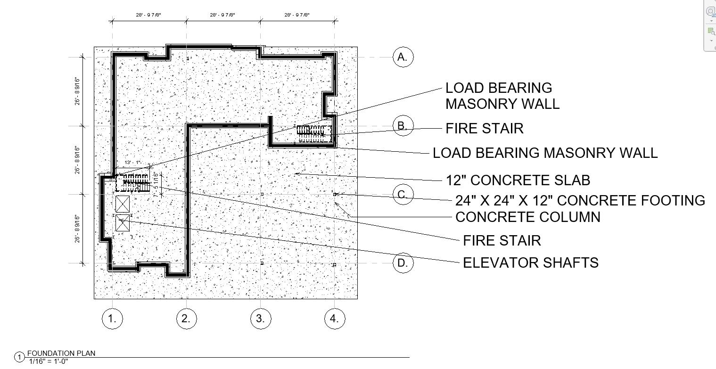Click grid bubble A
[403, 57]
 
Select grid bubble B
[403, 126]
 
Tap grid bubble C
[403, 195]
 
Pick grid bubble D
[403, 263]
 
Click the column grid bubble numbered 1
[112, 319]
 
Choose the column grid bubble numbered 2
[186, 319]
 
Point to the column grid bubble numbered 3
[261, 319]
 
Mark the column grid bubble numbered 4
[335, 319]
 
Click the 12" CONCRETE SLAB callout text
[518, 180]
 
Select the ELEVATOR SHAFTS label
[530, 262]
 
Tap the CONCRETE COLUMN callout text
[527, 217]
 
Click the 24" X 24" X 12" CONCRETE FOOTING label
[580, 201]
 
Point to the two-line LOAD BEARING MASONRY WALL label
[502, 96]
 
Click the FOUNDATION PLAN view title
[61, 353]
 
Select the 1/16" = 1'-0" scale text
[48, 361]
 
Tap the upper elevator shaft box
[123, 204]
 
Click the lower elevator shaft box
[123, 223]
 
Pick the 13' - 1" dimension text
[133, 163]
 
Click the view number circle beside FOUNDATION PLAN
[20, 357]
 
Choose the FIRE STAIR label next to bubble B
[484, 129]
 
